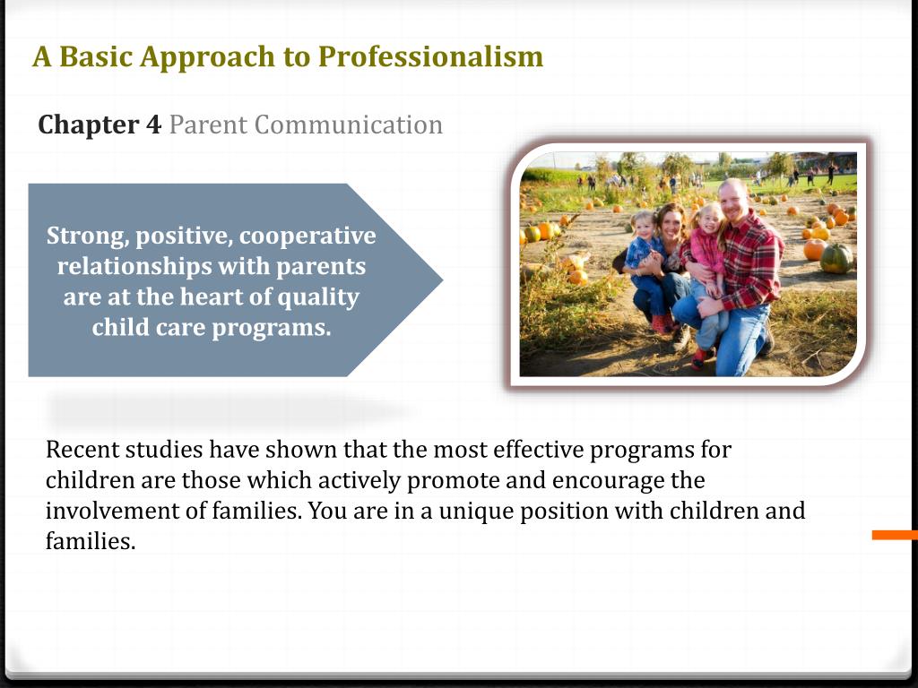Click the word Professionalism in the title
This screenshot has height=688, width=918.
pos(430,56)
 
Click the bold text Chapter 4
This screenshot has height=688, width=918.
pos(100,125)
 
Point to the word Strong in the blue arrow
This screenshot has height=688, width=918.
pos(84,236)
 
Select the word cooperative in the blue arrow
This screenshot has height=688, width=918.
pos(307,236)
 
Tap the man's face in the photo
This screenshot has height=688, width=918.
pos(732,199)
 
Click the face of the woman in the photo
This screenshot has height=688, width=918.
pos(671,221)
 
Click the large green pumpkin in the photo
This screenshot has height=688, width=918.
pos(836,259)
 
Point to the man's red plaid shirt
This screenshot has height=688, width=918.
pos(751,260)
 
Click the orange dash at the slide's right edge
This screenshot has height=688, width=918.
pos(895,535)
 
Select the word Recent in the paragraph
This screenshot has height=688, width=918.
pos(82,449)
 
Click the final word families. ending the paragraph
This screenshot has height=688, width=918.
pos(90,542)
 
